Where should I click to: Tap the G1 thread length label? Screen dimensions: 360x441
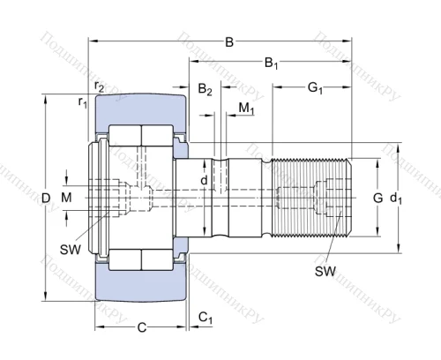coord(313,87)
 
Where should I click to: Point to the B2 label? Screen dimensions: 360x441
coord(205,89)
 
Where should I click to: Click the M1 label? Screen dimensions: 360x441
coord(247,108)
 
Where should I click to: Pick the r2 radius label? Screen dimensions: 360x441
coord(99,87)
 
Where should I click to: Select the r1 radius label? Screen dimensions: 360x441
coord(82,102)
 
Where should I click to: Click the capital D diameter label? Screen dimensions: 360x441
coord(46,199)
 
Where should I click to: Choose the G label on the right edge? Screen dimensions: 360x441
coord(377,198)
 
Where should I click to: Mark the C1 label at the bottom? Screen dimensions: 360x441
coord(205,317)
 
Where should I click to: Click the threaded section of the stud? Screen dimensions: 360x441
coord(309,199)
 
